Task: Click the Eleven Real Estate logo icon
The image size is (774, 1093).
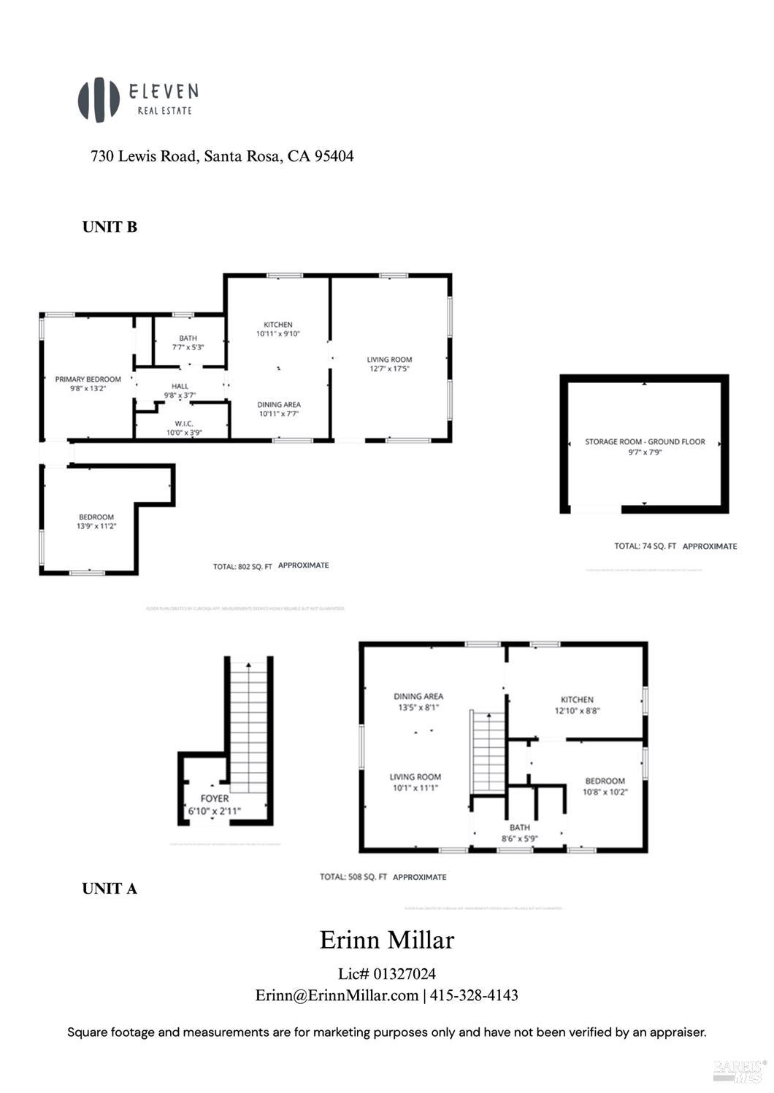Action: [99, 100]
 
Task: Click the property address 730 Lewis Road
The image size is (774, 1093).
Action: [221, 156]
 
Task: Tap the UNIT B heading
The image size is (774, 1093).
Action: [110, 227]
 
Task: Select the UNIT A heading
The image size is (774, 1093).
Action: [110, 889]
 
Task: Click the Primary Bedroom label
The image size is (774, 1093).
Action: [88, 384]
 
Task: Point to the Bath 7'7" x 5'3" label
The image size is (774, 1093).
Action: [188, 342]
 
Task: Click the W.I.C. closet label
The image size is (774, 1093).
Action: [183, 428]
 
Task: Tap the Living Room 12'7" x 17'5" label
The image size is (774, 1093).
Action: [389, 364]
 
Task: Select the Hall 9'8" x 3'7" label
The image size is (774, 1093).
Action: [180, 391]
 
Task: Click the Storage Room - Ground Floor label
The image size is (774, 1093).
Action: [645, 447]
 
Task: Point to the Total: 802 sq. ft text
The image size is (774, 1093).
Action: [271, 565]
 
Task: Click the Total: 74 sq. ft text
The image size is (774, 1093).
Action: [675, 546]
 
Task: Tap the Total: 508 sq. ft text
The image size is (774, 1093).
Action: [383, 877]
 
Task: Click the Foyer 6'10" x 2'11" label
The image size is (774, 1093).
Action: [214, 804]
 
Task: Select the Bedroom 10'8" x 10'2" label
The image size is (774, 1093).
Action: [605, 786]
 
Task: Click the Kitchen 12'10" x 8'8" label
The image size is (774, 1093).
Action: [577, 704]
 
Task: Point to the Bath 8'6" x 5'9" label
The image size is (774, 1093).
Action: [519, 833]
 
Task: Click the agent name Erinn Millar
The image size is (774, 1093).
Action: [387, 940]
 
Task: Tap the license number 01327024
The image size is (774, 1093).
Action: [405, 973]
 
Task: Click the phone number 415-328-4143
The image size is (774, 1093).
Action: [474, 995]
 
